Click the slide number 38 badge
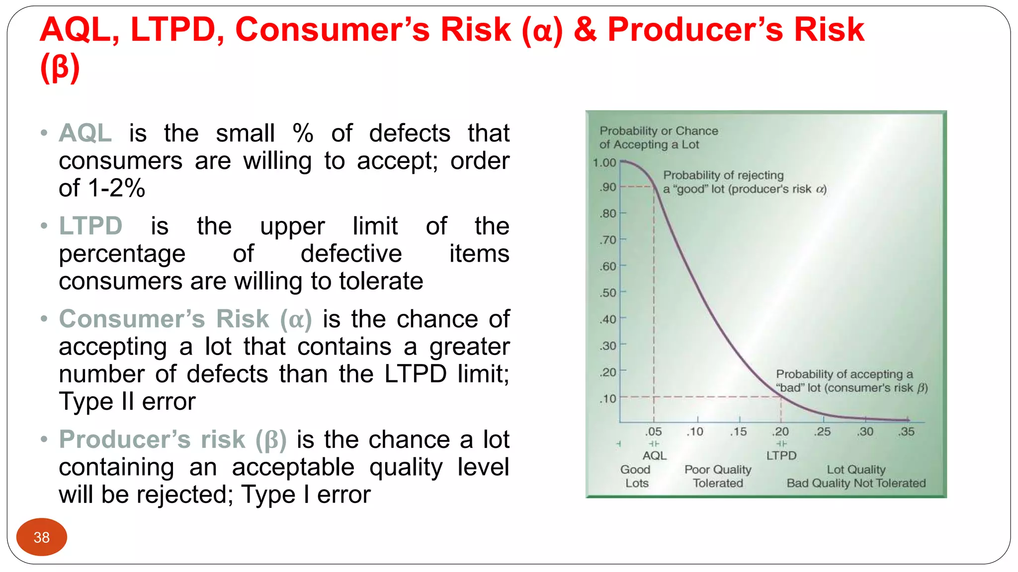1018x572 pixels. (x=42, y=537)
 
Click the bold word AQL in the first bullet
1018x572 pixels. (x=85, y=133)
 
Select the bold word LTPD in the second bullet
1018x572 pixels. (x=90, y=226)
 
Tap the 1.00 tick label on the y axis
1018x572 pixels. (x=604, y=163)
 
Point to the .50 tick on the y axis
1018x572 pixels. (x=608, y=293)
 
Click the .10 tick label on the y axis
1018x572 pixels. (x=608, y=399)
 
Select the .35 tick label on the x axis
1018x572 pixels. (x=906, y=432)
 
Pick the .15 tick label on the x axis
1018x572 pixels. (x=738, y=432)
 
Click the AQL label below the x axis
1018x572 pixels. (x=654, y=456)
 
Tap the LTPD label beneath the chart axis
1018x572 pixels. (x=781, y=456)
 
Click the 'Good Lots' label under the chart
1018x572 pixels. (x=636, y=476)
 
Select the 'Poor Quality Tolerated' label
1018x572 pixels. (x=718, y=476)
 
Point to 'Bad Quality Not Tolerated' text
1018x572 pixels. (x=856, y=483)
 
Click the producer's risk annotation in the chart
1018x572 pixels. (x=744, y=182)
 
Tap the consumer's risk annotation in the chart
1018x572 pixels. (x=851, y=381)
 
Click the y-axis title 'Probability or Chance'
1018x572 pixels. (x=659, y=131)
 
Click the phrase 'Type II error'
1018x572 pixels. (x=127, y=401)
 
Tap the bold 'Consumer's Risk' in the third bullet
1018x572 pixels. (x=164, y=319)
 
